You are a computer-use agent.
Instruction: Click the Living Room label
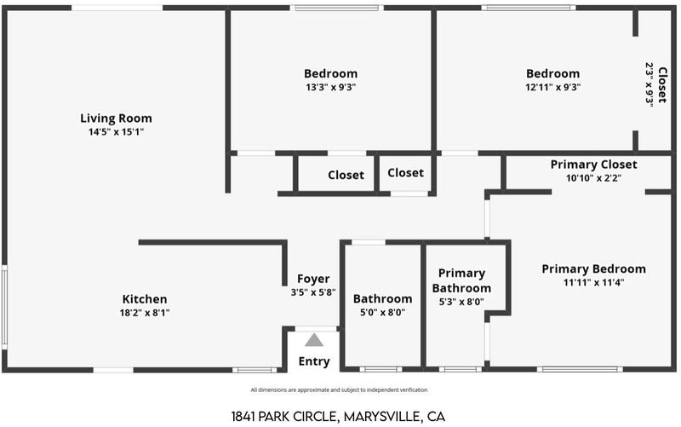(116, 118)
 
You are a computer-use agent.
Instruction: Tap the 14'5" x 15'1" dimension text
(116, 132)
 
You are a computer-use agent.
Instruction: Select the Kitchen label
(145, 299)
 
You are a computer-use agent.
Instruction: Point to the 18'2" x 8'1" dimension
(145, 313)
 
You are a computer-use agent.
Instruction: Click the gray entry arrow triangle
(314, 340)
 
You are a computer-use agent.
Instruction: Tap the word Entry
(314, 361)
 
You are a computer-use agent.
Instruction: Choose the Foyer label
(313, 279)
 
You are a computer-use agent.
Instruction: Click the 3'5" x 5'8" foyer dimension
(313, 292)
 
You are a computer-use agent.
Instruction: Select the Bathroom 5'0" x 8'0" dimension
(382, 312)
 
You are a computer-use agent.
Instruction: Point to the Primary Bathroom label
(461, 280)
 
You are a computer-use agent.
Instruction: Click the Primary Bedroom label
(593, 268)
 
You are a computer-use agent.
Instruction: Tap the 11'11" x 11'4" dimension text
(593, 283)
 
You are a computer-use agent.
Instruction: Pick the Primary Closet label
(593, 164)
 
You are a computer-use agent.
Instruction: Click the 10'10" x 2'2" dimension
(593, 178)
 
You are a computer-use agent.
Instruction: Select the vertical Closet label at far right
(662, 84)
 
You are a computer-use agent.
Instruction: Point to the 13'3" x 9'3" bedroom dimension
(330, 87)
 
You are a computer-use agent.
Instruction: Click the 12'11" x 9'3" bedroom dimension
(552, 87)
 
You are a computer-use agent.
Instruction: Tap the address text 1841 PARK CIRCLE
(284, 417)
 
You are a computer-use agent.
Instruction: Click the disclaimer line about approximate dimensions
(339, 390)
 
